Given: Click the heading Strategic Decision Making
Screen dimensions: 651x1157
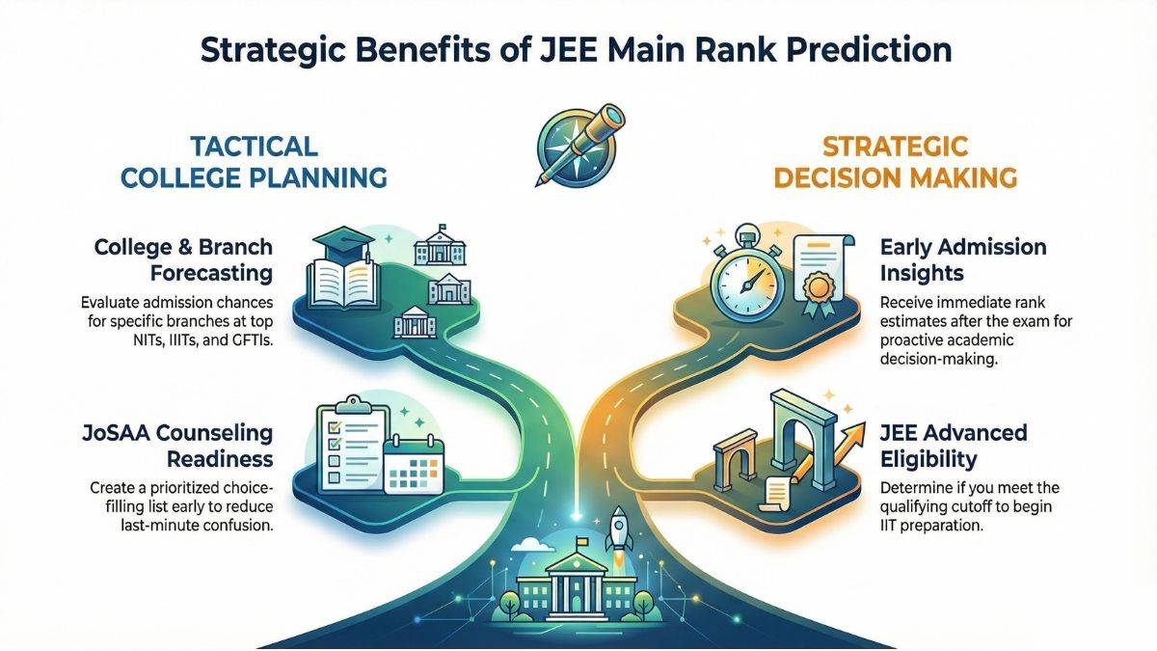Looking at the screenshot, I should coord(897,162).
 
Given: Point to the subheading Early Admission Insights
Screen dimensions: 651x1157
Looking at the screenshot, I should coord(950,260).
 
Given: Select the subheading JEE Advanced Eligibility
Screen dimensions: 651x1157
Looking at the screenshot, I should coord(953,445).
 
